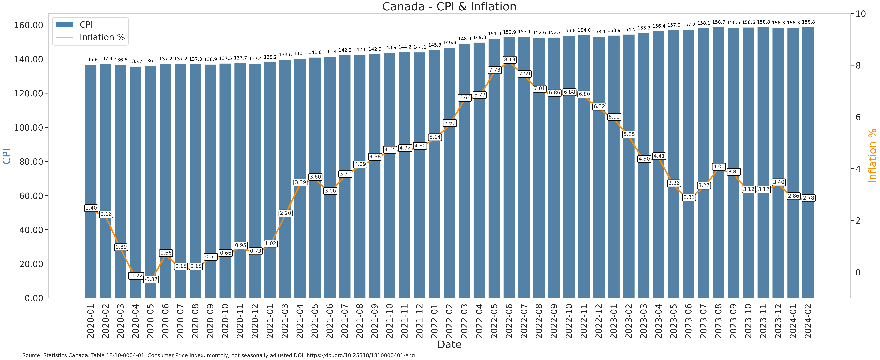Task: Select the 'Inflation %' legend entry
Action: (102, 37)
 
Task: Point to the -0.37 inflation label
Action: (151, 279)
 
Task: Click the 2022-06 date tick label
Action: (509, 321)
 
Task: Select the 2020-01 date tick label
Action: (91, 321)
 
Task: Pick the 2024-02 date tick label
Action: (808, 321)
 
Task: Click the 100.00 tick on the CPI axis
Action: (29, 128)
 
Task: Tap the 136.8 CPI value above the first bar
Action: (91, 59)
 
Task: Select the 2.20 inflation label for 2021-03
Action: (285, 213)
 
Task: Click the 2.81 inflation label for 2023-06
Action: (689, 197)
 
